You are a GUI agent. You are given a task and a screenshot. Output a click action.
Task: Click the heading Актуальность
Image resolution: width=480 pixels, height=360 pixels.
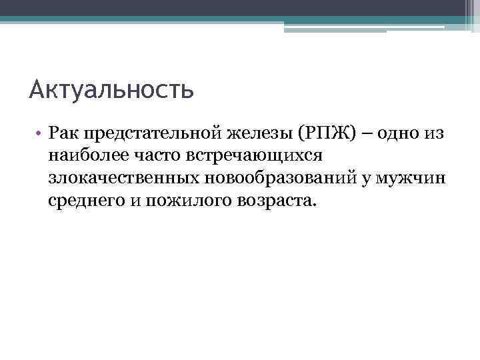111,89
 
